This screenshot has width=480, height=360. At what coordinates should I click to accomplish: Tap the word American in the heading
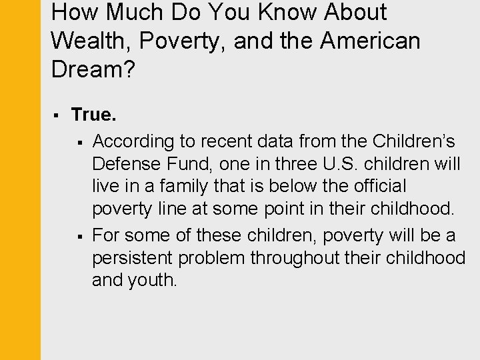click(x=370, y=41)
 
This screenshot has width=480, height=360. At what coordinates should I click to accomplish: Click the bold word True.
click(x=94, y=115)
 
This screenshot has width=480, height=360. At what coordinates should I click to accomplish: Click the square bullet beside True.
click(x=57, y=116)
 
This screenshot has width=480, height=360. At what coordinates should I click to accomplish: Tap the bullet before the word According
click(x=79, y=141)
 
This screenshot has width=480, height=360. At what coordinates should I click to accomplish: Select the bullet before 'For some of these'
click(x=79, y=235)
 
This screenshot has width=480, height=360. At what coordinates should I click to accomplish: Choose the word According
click(x=132, y=141)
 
